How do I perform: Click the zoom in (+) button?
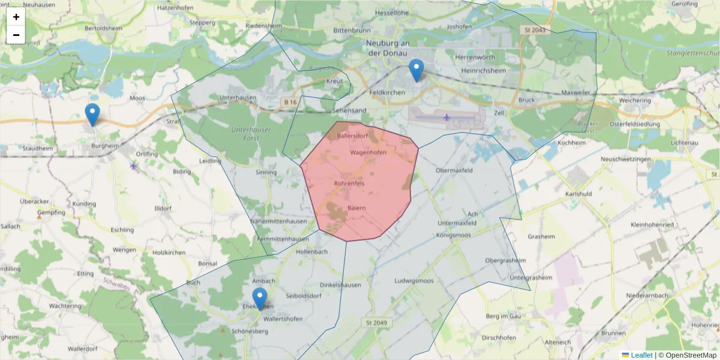point(16,17)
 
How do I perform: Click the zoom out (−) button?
point(16,35)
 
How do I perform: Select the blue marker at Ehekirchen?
point(260,299)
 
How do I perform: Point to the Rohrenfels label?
point(349,182)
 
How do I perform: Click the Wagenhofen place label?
point(368,153)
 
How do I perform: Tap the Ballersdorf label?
point(352,136)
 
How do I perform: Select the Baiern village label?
point(356,208)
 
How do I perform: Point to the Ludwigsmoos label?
point(414,281)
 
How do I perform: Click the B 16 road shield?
point(291,103)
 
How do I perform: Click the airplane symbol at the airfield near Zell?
point(446,116)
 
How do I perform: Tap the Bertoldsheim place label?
point(104,28)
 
